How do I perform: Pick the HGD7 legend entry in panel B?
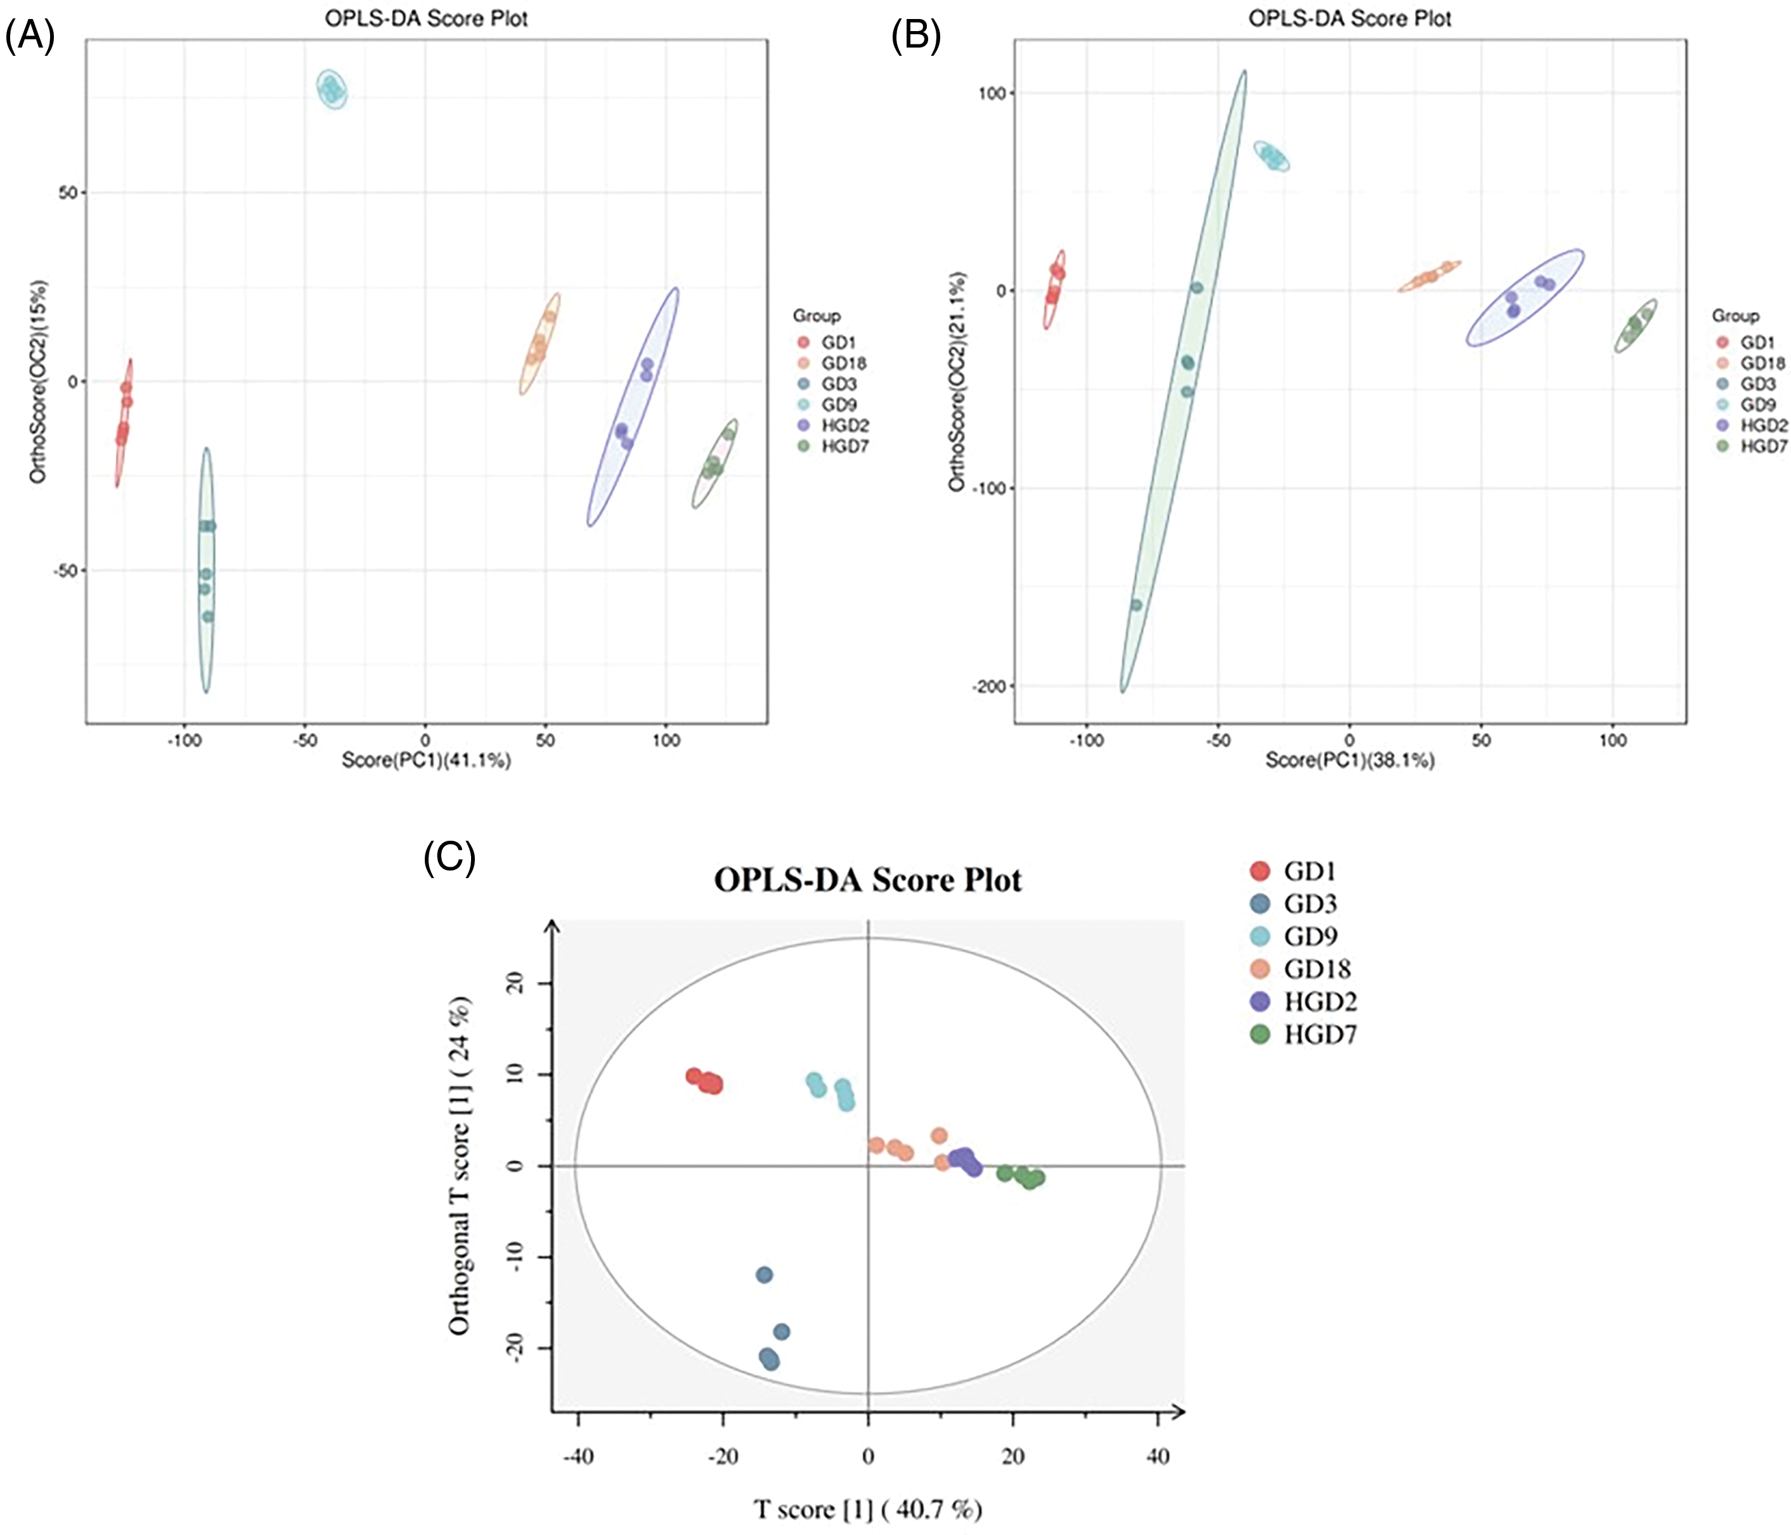(x=1762, y=446)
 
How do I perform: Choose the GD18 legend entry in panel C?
(x=1316, y=969)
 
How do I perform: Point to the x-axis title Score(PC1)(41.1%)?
(x=426, y=761)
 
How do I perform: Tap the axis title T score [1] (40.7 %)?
(x=868, y=1509)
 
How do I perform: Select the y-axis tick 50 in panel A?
(x=67, y=193)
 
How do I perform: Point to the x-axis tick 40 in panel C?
(x=1158, y=1456)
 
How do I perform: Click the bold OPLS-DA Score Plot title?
(x=868, y=880)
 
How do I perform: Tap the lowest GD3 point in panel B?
(x=1136, y=605)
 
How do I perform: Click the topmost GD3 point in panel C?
(x=764, y=1275)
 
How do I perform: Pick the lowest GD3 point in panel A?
(x=207, y=616)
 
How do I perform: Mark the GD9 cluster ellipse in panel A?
(x=333, y=88)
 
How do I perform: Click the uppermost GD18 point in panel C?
(x=940, y=1136)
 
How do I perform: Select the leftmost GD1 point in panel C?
(x=693, y=1076)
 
